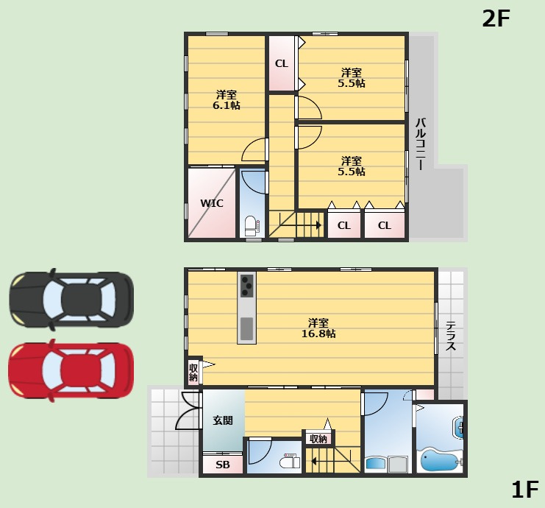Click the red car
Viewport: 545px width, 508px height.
[71, 370]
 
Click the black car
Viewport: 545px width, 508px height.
[71, 299]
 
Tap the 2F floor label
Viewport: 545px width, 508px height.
[496, 18]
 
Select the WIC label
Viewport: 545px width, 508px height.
[212, 203]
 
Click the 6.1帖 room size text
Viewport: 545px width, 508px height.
[227, 105]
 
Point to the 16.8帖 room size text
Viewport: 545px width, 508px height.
[318, 334]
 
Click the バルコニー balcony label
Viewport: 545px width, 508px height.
[421, 144]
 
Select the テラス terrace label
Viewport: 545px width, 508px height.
[451, 336]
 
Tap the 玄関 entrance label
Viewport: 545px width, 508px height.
[223, 420]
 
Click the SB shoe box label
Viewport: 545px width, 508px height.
[223, 465]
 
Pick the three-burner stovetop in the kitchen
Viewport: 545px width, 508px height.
[247, 286]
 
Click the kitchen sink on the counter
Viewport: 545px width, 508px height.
[247, 328]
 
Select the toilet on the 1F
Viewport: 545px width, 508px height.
[290, 461]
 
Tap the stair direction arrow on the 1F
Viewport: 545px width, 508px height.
[334, 462]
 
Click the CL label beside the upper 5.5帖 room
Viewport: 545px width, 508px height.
[282, 63]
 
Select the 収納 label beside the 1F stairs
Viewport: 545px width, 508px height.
[318, 439]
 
